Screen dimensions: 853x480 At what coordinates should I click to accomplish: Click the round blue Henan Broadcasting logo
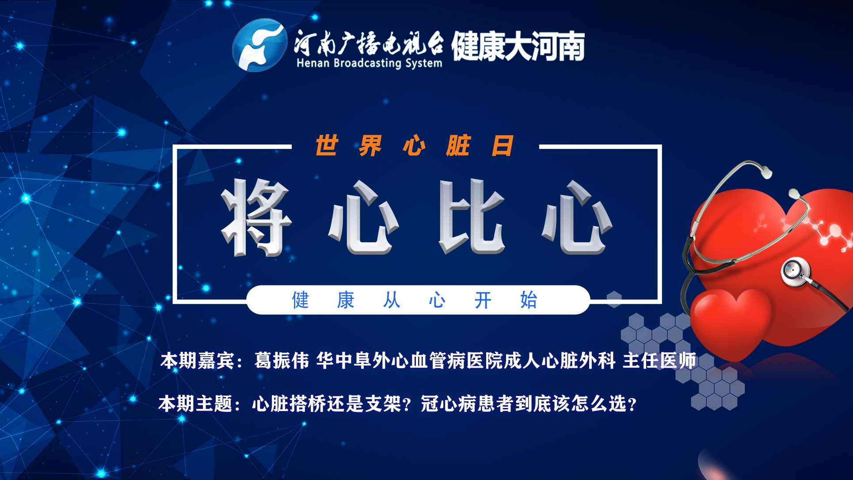[259, 45]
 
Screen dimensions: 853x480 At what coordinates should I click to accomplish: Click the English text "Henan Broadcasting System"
[369, 63]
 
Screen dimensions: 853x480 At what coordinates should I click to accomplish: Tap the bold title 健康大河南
[518, 46]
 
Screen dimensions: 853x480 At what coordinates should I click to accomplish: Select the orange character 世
[327, 145]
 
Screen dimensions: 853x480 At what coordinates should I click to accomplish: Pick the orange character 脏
[458, 145]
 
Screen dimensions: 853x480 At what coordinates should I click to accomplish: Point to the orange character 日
[503, 145]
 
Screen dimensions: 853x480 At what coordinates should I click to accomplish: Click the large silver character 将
[257, 217]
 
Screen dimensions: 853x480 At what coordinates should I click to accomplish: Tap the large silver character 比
[472, 217]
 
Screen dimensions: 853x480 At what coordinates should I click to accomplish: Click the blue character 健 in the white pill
[301, 300]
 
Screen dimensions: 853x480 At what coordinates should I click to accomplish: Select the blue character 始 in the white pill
[529, 300]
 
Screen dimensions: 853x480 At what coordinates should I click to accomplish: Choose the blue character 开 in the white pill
[483, 301]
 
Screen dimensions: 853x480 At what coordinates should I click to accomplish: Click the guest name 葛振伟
[282, 361]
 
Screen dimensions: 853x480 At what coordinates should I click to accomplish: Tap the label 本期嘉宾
[197, 361]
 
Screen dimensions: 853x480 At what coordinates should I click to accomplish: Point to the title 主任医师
[659, 361]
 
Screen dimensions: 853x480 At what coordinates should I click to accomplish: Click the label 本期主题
[195, 404]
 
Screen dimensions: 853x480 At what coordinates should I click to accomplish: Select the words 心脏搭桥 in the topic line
[289, 404]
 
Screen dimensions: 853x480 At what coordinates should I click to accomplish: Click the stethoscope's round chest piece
[796, 270]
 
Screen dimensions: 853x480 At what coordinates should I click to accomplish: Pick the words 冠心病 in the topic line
[448, 404]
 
